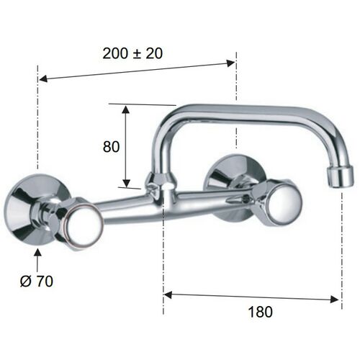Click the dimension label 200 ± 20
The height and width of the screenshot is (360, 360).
tap(132, 53)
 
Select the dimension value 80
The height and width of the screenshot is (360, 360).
tap(111, 147)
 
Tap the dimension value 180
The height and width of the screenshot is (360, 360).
tap(260, 312)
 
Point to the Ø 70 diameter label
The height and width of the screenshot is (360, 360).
tap(37, 281)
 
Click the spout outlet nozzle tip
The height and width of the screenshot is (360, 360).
tap(341, 177)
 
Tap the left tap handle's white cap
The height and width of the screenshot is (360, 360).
tap(84, 223)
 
